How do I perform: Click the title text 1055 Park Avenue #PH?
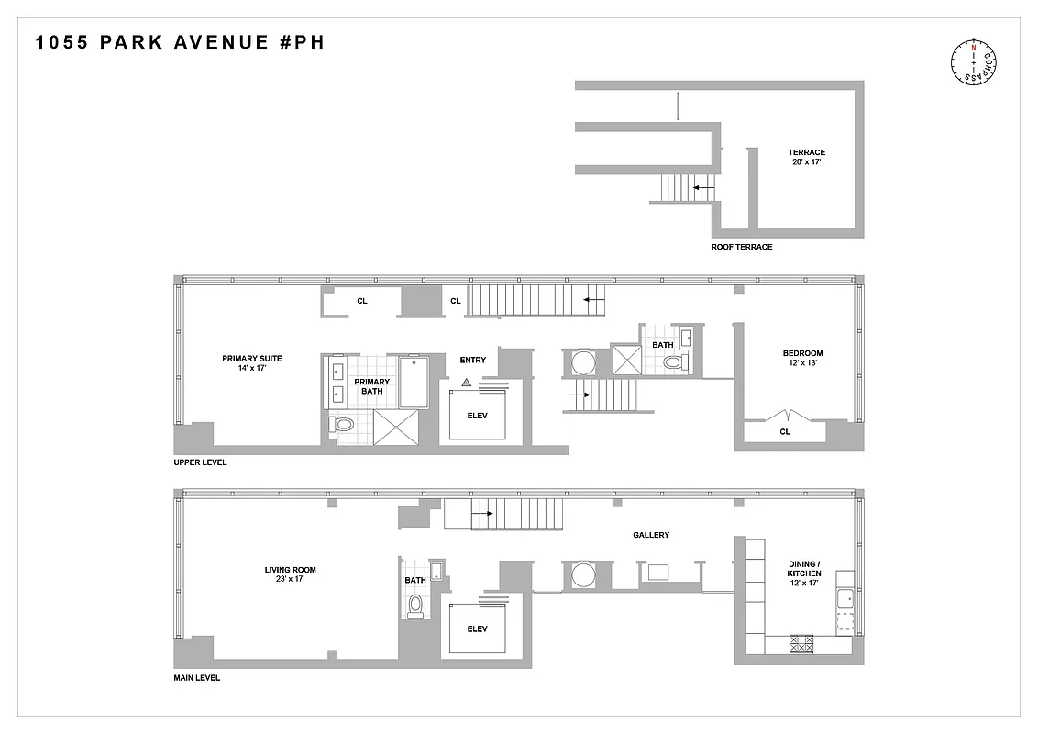coord(180,42)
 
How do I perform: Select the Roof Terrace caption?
coord(742,247)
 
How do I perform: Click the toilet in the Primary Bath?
coord(343,424)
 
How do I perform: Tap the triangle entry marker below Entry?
coord(467,381)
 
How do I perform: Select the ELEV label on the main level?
coord(477,629)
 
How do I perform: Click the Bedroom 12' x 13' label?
coord(802,359)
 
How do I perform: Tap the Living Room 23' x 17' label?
coord(290,574)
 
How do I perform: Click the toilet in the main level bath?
coord(415,604)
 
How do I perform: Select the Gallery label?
coord(651,535)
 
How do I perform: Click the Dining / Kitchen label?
coord(804,574)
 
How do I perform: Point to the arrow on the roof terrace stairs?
coord(703,188)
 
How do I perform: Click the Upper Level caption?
coord(200,462)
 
